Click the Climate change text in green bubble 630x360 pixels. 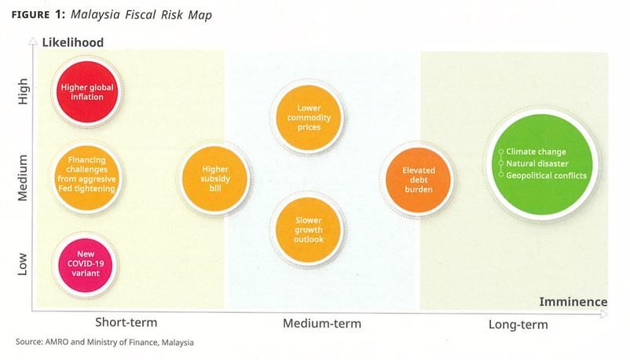coord(536,152)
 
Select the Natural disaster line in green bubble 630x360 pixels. coord(537,163)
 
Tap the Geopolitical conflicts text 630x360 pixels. coord(546,175)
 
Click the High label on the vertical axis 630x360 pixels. coord(23,96)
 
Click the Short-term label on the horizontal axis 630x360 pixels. coord(126,322)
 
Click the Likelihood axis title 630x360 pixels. coord(74,41)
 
